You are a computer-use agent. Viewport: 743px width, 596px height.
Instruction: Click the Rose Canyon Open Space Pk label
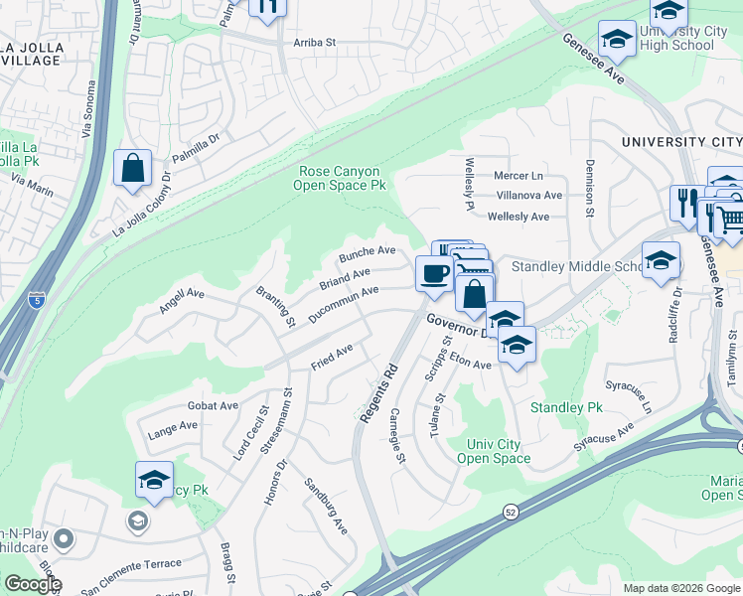342,178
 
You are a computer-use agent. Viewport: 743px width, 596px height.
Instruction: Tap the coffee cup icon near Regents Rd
433,273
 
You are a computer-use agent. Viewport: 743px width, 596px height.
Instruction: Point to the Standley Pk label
566,407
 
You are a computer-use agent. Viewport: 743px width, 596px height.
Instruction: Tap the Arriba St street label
316,43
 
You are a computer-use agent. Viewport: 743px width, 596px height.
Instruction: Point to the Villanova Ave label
528,196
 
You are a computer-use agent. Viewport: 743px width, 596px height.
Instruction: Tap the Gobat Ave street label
214,405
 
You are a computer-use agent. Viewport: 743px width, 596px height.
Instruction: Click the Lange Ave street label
173,428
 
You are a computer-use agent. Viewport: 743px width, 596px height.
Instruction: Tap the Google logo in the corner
33,583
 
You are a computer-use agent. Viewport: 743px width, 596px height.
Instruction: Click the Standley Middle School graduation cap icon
661,259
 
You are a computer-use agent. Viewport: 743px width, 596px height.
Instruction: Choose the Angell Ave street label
181,301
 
